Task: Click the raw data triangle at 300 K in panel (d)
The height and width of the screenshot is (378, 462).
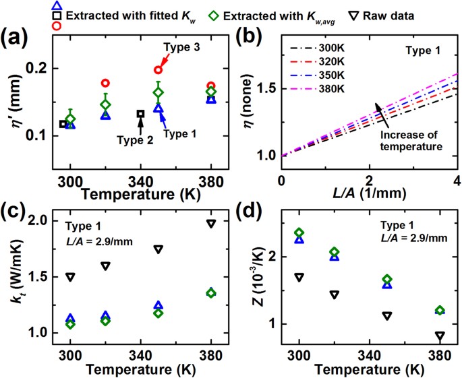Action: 299,277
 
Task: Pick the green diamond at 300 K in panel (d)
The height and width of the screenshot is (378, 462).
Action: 299,233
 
